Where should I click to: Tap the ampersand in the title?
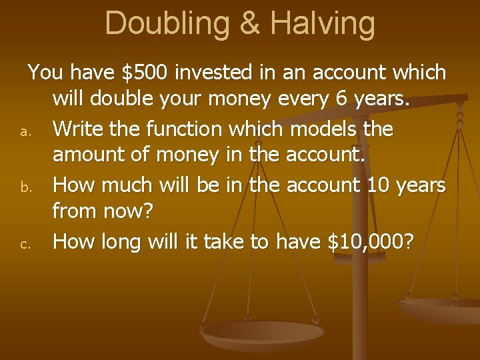[x=249, y=23]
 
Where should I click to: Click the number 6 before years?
[x=341, y=99]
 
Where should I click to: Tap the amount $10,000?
[x=370, y=242]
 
